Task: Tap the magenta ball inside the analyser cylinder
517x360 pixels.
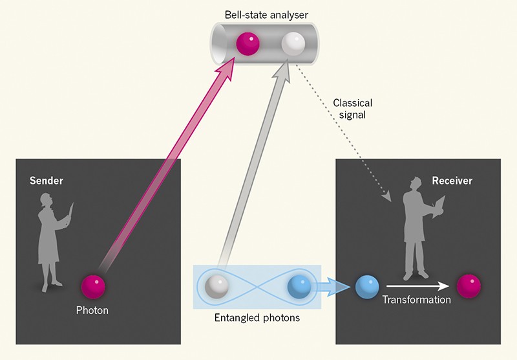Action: point(248,44)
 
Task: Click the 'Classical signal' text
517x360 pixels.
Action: point(353,108)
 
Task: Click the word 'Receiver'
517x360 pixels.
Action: point(452,181)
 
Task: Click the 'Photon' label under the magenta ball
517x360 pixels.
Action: point(92,310)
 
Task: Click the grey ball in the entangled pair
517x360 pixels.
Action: point(217,286)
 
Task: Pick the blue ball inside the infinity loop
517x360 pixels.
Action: point(299,286)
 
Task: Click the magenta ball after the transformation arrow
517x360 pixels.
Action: point(469,286)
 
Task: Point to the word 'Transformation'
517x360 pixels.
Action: point(416,300)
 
